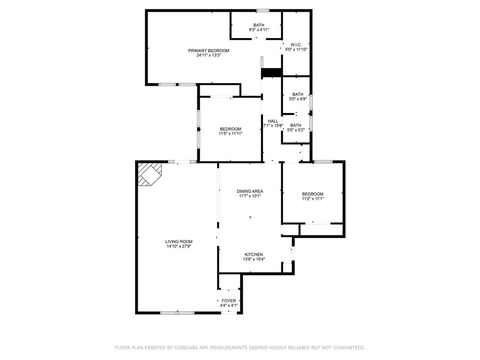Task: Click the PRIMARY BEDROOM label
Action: point(209,51)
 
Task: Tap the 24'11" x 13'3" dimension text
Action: point(209,55)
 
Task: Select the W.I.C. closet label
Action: point(296,45)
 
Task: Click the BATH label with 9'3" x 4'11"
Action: point(259,25)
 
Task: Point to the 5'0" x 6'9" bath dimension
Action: point(298,99)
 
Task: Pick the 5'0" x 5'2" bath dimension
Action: point(296,130)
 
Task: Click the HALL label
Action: point(273,121)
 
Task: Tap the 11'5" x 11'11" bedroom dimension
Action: point(231,134)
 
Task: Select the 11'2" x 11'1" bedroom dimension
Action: point(313,198)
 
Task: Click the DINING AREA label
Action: point(250,191)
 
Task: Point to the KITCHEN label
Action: point(254,255)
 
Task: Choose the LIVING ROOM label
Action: point(179,241)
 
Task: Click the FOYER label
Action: point(229,300)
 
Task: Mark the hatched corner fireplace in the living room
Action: point(149,174)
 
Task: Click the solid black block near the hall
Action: point(271,73)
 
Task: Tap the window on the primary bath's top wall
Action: point(262,10)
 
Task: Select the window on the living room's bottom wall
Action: point(177,313)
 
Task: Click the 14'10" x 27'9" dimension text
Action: point(179,246)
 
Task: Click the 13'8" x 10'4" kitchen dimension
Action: point(254,259)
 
